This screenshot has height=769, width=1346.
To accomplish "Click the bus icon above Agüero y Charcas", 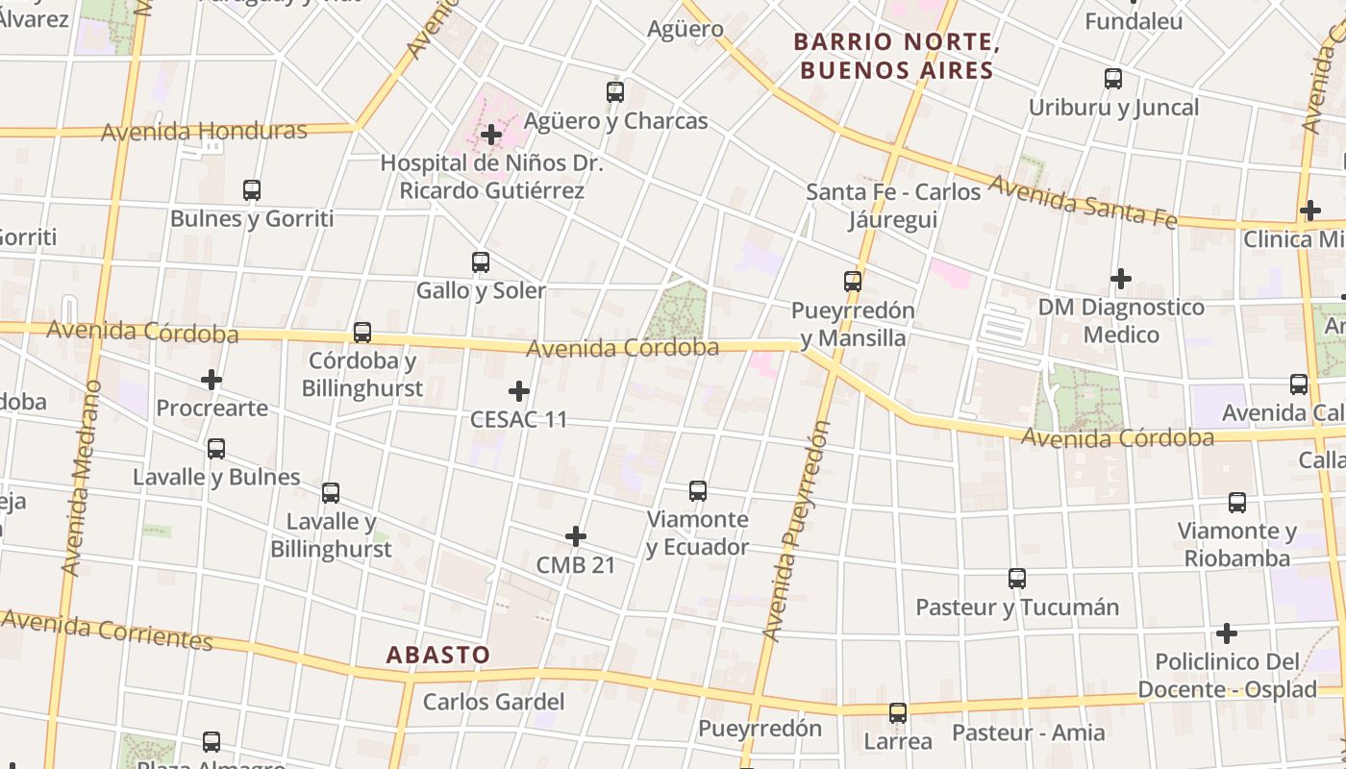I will point(615,92).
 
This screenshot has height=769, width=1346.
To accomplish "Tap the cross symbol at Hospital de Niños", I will point(491,135).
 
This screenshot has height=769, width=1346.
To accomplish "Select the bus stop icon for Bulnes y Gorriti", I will point(252,190).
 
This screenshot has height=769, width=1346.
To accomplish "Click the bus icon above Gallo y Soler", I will point(481,261).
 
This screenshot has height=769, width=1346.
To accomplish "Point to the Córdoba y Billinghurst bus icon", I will point(362,333).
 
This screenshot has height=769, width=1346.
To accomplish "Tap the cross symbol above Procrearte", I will point(212,380).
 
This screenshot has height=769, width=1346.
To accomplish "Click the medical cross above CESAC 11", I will point(519,391).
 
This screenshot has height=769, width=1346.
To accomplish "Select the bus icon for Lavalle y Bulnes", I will point(216,449).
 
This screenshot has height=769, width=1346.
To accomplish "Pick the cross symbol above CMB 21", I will point(576,535).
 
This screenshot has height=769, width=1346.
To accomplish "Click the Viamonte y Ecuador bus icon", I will point(698,491).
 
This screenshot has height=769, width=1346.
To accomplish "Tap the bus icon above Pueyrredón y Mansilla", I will point(853,282).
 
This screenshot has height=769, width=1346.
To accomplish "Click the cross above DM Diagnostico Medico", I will point(1121,279).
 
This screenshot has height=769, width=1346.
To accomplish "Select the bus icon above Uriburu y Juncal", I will point(1113,79).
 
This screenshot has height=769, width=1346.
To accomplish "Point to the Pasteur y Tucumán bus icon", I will point(1017,579).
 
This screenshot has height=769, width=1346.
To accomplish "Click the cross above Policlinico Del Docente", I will point(1227,633).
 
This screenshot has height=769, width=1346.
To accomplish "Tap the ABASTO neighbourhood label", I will point(438,656).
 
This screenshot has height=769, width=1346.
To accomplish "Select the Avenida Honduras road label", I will point(204,131).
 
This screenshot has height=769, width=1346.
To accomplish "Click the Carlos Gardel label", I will point(494,702).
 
